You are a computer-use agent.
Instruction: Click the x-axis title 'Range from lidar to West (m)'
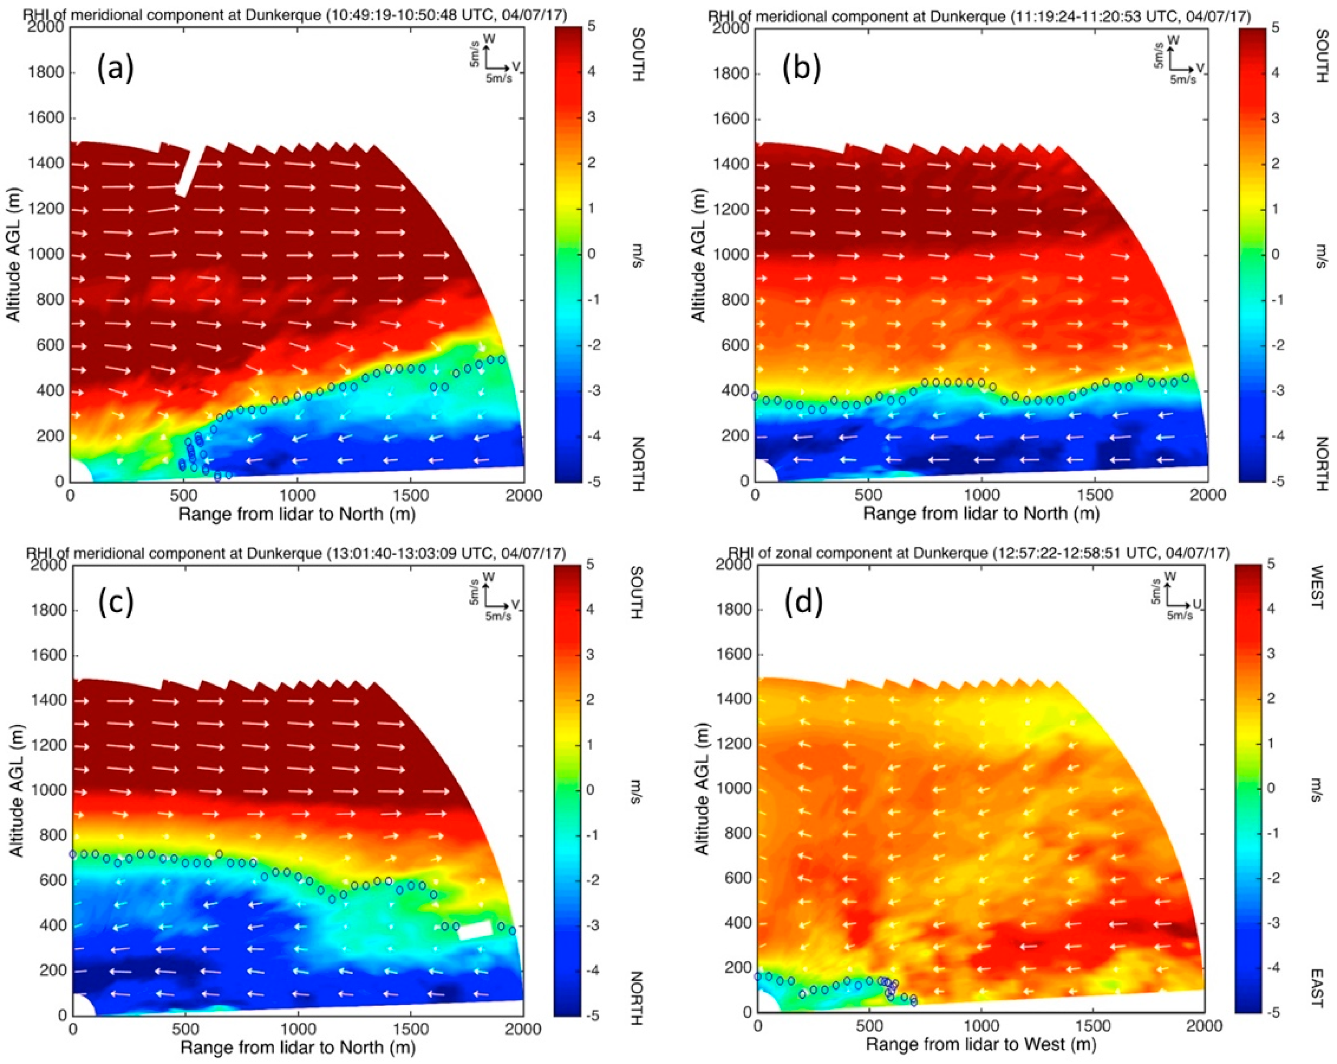pyautogui.click(x=980, y=1044)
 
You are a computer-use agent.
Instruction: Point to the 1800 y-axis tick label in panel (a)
pyautogui.click(x=46, y=73)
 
